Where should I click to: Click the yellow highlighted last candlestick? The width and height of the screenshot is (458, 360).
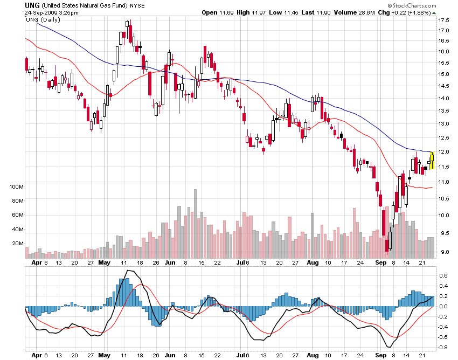[x=432, y=160]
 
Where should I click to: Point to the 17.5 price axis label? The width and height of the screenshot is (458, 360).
[x=444, y=20]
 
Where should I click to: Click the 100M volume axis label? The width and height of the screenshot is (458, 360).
[x=16, y=187]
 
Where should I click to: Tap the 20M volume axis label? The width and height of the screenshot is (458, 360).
[x=18, y=244]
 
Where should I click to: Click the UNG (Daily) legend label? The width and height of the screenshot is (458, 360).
[x=43, y=19]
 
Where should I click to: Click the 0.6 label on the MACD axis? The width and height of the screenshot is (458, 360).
[x=442, y=275]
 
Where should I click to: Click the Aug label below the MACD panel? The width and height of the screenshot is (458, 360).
[x=313, y=356]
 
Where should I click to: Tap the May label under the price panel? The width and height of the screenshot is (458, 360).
[x=105, y=263]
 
